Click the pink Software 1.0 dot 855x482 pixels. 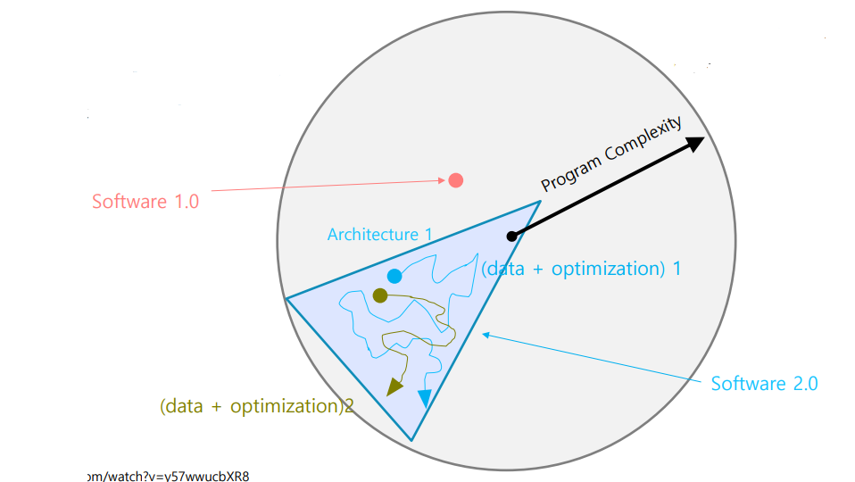point(455,180)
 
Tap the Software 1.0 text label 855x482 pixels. point(145,201)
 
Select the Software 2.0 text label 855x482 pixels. point(764,384)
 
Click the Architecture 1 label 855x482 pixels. point(379,235)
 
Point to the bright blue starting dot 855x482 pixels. point(394,276)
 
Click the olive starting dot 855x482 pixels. point(380,295)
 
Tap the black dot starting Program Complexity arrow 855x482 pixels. point(511,237)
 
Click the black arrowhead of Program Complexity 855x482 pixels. point(694,144)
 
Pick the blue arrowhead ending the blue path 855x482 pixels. point(424,399)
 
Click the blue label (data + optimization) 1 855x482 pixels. point(581,269)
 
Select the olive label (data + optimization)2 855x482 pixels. point(257,406)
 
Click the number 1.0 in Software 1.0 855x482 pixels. point(183,201)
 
